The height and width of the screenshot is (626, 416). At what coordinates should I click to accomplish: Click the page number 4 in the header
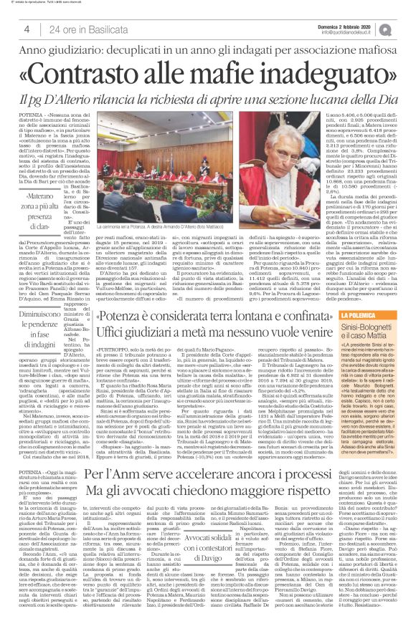(x=27, y=29)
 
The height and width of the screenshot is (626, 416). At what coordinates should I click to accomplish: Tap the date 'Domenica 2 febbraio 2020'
(x=348, y=24)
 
